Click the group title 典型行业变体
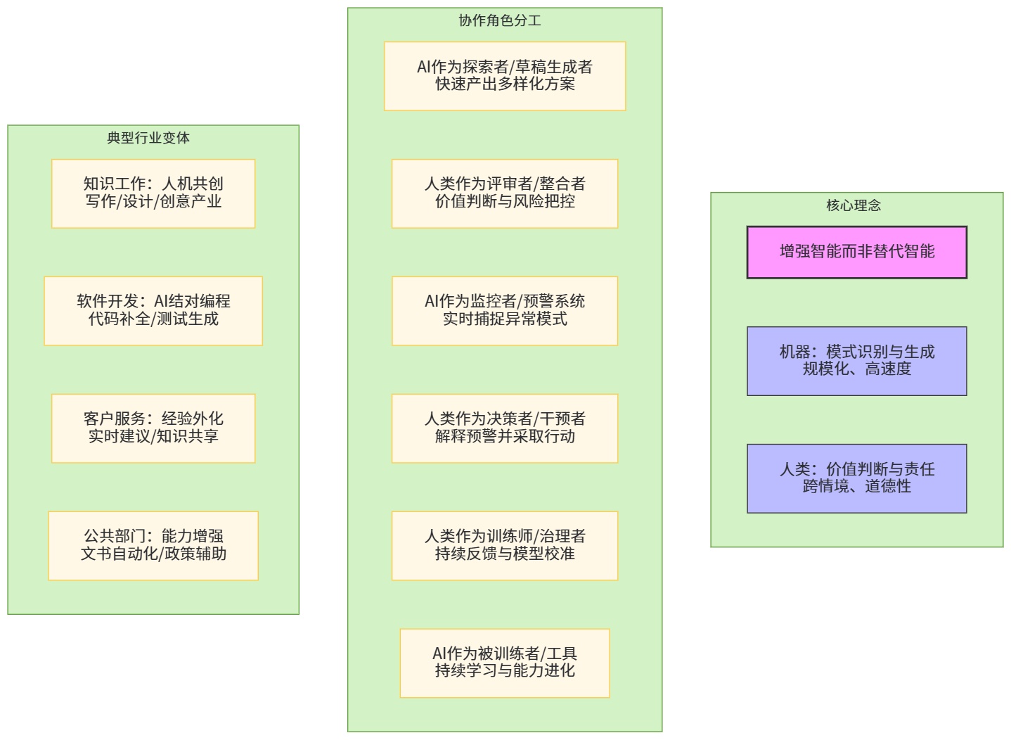pyautogui.click(x=148, y=138)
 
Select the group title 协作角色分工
pyautogui.click(x=500, y=20)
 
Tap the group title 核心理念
pyautogui.click(x=854, y=205)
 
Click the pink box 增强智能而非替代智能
pyautogui.click(x=856, y=252)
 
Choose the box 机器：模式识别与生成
pyautogui.click(x=856, y=361)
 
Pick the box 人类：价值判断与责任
pyautogui.click(x=856, y=478)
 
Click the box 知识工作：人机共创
pyautogui.click(x=153, y=193)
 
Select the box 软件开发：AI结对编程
pyautogui.click(x=153, y=311)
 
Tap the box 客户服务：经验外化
pyautogui.click(x=153, y=428)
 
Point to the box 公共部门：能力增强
pyautogui.click(x=153, y=546)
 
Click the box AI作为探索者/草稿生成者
pyautogui.click(x=505, y=76)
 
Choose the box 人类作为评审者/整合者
pyautogui.click(x=505, y=193)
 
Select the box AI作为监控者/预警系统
pyautogui.click(x=505, y=311)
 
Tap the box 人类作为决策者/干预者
pyautogui.click(x=505, y=428)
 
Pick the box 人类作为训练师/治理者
pyautogui.click(x=505, y=546)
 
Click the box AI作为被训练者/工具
pyautogui.click(x=505, y=663)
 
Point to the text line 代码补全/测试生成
pyautogui.click(x=153, y=319)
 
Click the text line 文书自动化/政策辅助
pyautogui.click(x=153, y=554)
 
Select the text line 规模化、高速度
pyautogui.click(x=856, y=369)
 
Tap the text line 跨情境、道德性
pyautogui.click(x=856, y=487)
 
